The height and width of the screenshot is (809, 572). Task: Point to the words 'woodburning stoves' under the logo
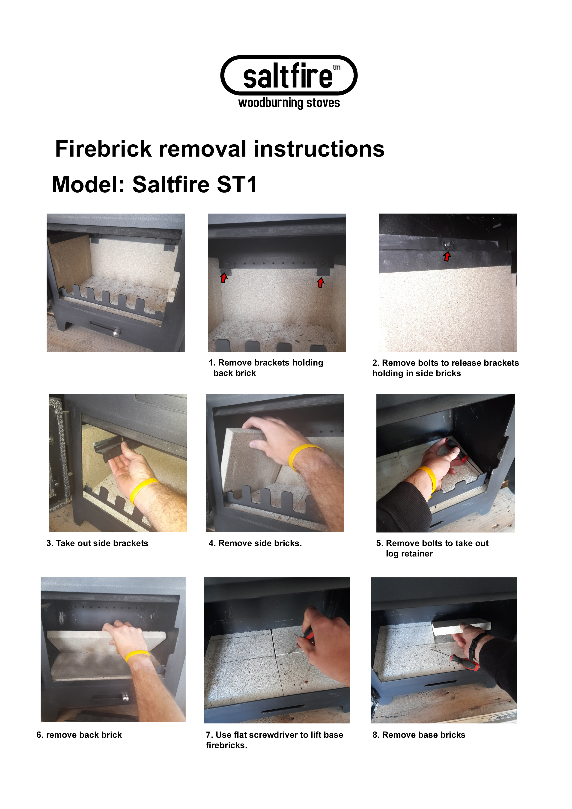(289, 103)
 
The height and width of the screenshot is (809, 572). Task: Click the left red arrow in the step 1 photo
(223, 278)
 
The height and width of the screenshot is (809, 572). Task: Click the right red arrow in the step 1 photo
(320, 283)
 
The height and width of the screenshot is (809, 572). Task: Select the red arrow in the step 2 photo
(447, 256)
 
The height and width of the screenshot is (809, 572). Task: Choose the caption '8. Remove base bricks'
(419, 735)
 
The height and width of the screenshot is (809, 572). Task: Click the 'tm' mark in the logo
(337, 67)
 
